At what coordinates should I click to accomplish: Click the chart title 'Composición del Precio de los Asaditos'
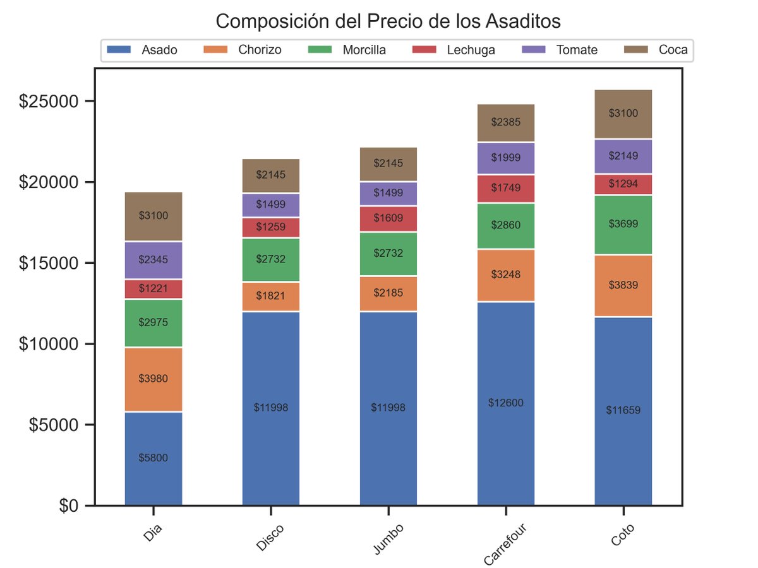[x=388, y=21]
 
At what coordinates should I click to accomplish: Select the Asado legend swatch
[x=119, y=50]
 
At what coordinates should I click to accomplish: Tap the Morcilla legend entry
[x=347, y=50]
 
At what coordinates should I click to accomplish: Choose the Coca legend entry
[x=656, y=50]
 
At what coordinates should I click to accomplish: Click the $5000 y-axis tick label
[x=54, y=425]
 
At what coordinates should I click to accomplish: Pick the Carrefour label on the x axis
[x=505, y=545]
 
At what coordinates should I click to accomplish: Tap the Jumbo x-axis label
[x=388, y=539]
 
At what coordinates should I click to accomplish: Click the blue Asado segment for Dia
[x=153, y=459]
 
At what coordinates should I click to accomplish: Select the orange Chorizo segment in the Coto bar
[x=623, y=286]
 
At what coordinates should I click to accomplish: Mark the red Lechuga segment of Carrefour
[x=506, y=189]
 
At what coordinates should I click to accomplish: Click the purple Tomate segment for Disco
[x=271, y=205]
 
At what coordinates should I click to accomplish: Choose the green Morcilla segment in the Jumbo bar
[x=388, y=254]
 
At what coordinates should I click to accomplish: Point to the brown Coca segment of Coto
[x=623, y=114]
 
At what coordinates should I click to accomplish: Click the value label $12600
[x=506, y=403]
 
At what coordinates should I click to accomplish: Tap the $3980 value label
[x=153, y=379]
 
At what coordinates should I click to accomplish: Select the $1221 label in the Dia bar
[x=153, y=288]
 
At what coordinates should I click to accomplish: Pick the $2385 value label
[x=506, y=122]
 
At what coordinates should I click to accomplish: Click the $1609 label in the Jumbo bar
[x=388, y=218]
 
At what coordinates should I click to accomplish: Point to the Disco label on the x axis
[x=270, y=537]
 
